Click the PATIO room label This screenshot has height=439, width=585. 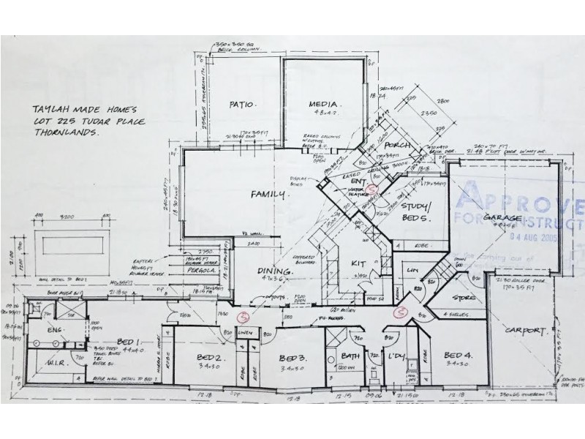241,105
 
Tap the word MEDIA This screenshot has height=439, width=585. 321,105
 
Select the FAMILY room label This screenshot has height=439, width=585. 268,195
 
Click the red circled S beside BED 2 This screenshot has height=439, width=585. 244,317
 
